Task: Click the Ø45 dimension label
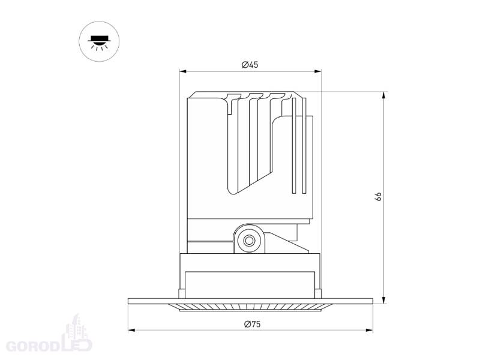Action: coord(250,65)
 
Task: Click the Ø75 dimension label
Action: coord(252,324)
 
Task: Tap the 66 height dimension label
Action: coord(379,197)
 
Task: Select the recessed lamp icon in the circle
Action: coord(99,42)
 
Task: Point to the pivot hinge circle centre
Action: coord(249,241)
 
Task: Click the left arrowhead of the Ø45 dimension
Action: coord(183,71)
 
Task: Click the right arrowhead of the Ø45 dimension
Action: coord(318,71)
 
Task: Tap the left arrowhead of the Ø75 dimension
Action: coord(132,331)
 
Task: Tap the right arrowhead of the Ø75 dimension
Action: coord(369,331)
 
